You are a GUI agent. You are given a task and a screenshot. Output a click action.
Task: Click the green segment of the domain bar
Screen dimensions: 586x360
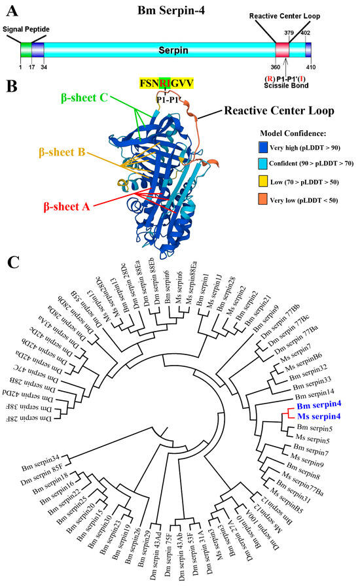tap(26, 50)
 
